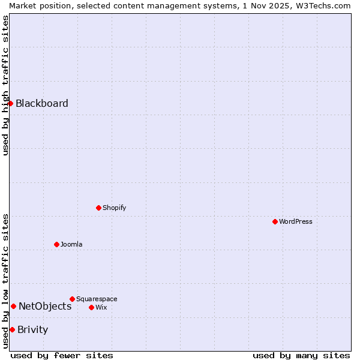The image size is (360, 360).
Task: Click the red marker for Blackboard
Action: (10, 103)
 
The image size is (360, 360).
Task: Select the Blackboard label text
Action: (42, 103)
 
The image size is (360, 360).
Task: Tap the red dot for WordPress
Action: (275, 221)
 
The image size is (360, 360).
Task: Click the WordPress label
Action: (296, 221)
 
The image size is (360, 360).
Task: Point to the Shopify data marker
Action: (98, 208)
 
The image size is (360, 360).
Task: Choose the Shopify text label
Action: (115, 208)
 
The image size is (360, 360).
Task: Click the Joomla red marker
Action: (56, 244)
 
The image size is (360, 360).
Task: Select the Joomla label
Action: (71, 244)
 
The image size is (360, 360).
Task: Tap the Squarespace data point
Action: (72, 299)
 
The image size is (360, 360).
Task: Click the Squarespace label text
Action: (97, 299)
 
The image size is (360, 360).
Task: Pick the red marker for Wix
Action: (91, 307)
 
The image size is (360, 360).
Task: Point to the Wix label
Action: (101, 307)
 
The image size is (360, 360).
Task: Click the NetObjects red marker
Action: (13, 306)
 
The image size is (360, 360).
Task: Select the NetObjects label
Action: (45, 306)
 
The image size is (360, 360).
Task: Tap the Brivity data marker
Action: (12, 329)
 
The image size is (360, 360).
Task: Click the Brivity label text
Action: (33, 329)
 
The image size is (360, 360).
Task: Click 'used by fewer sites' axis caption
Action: (62, 355)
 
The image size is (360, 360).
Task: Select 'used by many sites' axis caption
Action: (301, 355)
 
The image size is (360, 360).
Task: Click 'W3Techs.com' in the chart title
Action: (327, 5)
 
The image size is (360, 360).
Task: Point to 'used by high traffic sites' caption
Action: (5, 85)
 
